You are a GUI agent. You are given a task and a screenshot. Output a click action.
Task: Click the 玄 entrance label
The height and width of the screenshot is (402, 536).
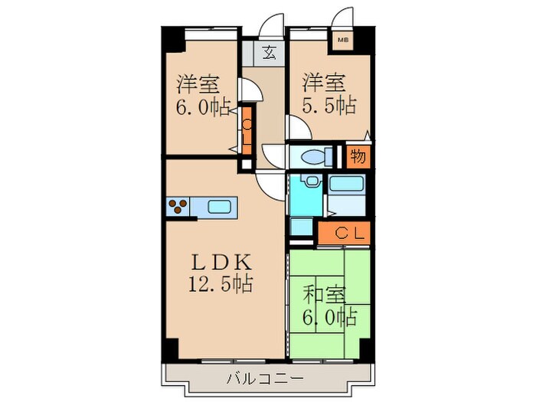coord(269,54)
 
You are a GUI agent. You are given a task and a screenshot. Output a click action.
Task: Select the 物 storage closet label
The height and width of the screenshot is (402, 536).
coord(358,157)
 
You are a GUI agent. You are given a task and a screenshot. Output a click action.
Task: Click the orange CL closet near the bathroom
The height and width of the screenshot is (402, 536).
coord(345,232)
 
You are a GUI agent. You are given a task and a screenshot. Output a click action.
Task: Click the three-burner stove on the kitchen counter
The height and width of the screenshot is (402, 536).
coord(179,206)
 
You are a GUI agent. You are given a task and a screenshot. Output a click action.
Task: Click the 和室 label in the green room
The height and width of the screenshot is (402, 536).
coord(325,293)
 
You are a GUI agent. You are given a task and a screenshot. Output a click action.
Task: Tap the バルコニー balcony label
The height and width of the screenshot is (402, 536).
coord(266,377)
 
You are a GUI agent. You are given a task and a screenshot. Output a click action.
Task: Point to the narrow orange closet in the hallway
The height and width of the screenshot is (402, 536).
coord(247,126)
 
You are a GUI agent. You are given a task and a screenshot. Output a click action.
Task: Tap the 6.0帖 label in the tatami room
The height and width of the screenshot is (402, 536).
coord(329,315)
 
